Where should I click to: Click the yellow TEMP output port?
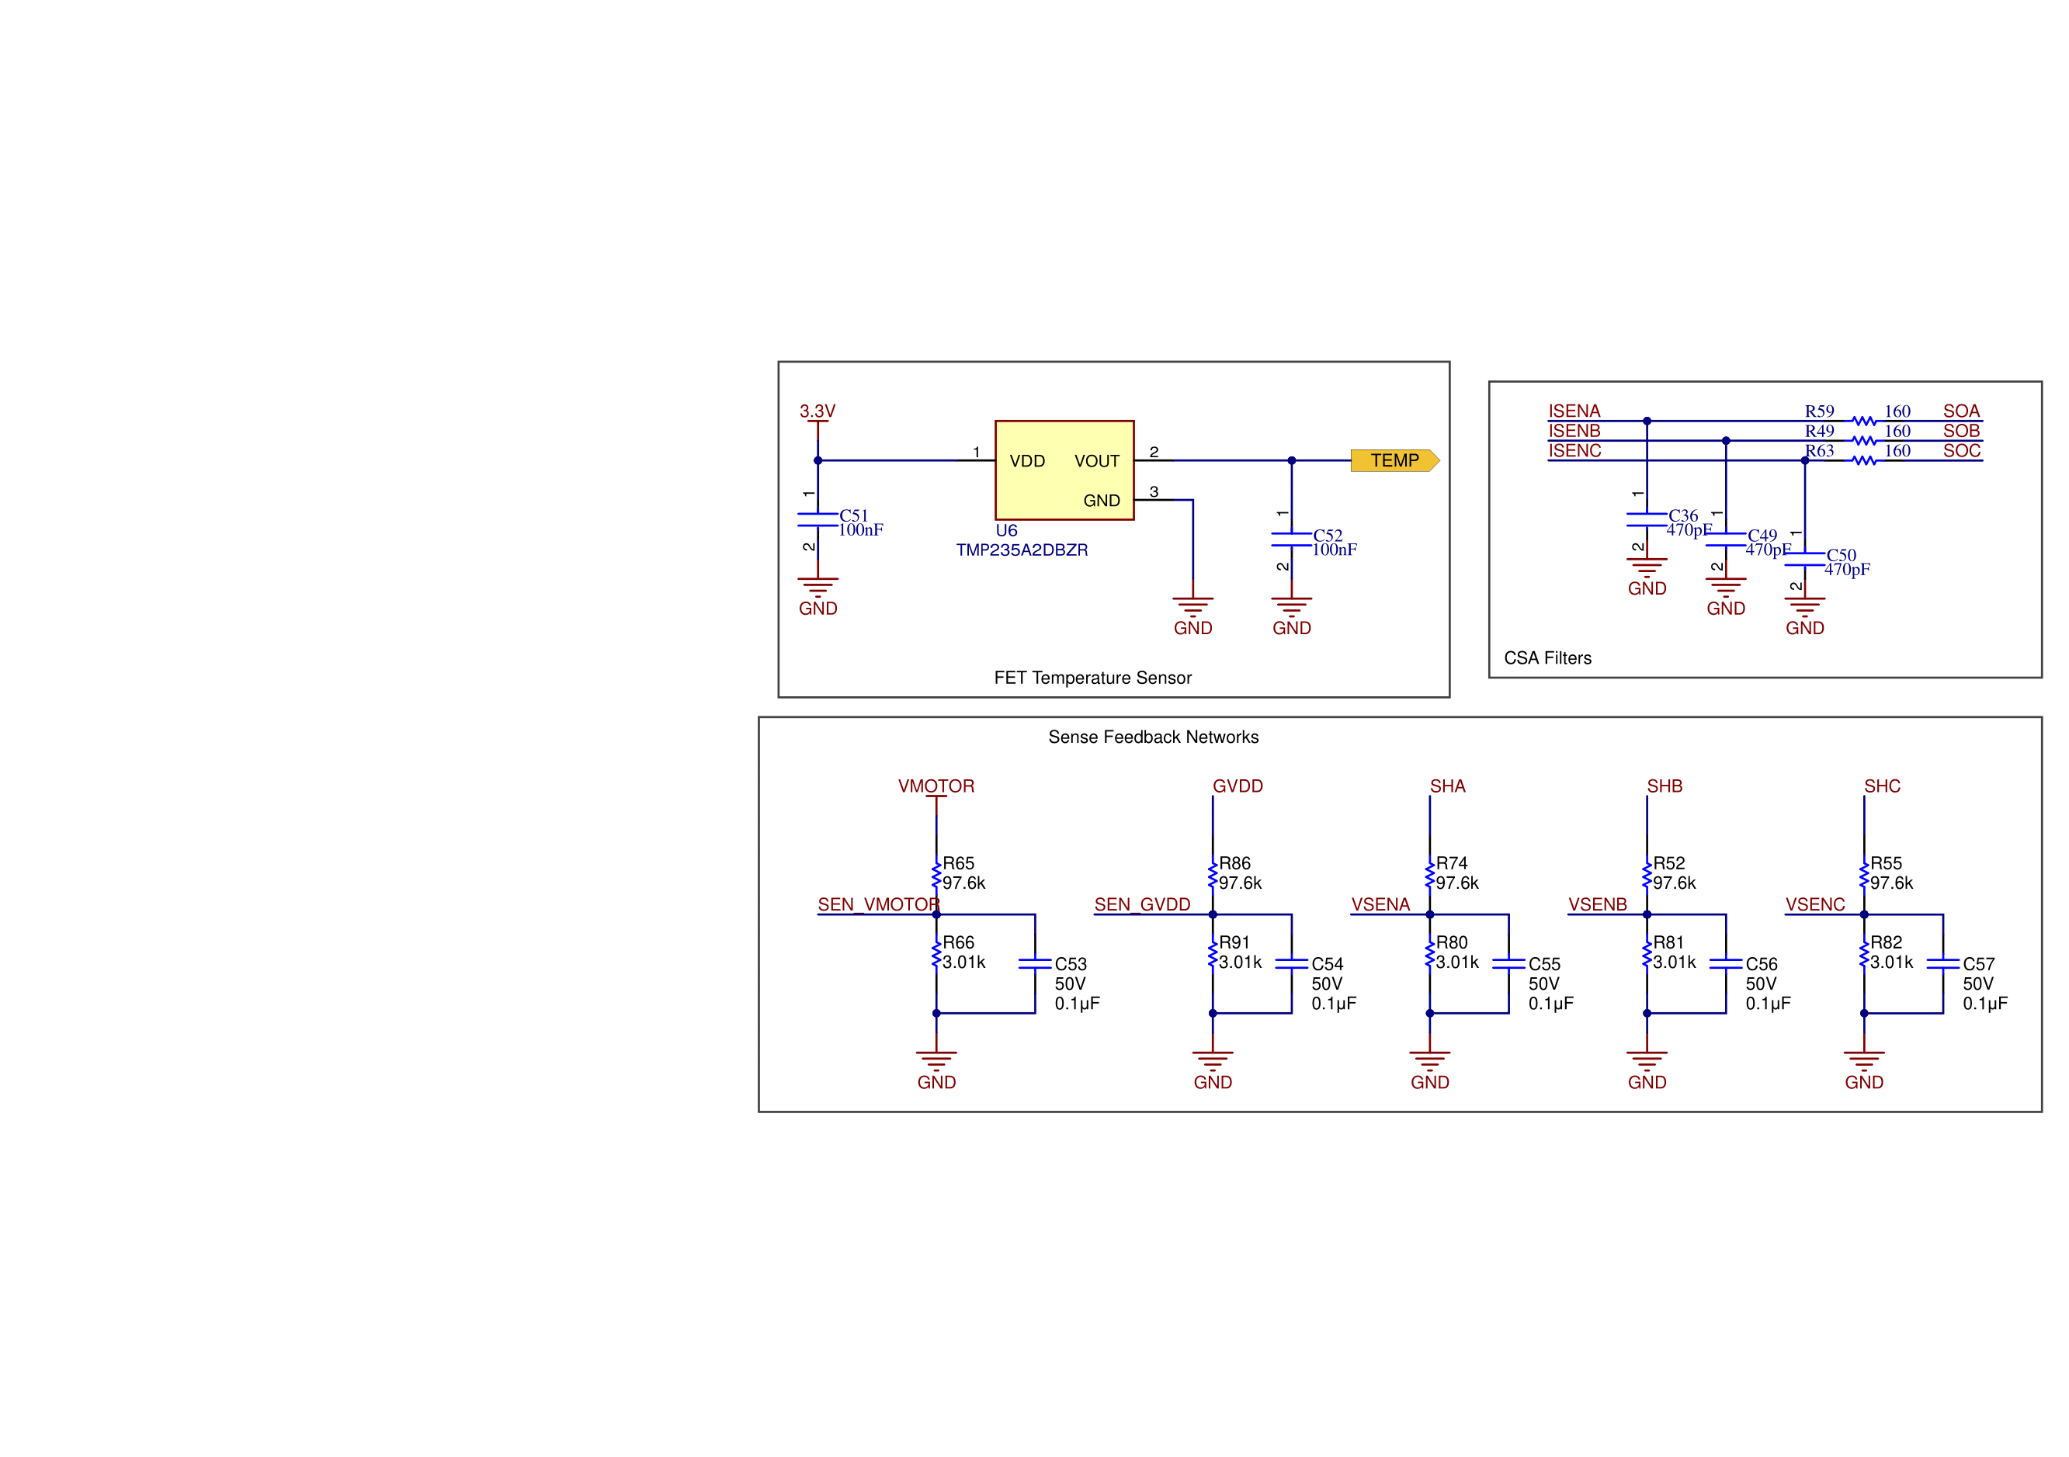point(1394,460)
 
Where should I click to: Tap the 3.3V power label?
point(818,411)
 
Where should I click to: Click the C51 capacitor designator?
point(853,515)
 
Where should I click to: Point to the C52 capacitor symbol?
point(1291,539)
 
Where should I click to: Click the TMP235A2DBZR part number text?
point(1022,550)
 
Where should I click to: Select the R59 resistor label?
point(1818,411)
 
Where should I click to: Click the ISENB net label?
point(1574,432)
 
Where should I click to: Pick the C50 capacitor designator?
point(1841,555)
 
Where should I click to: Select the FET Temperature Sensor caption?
point(1092,678)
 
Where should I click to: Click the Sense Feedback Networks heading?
point(1153,737)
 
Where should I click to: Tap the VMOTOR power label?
point(936,786)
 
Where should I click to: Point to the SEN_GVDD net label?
point(1142,904)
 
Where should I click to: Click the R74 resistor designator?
point(1451,863)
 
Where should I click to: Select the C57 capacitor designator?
point(1979,964)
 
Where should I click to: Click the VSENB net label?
point(1598,904)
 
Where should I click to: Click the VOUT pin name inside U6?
point(1097,461)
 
